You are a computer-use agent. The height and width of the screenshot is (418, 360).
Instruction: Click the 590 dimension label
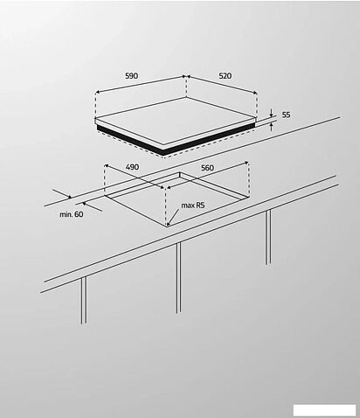131,77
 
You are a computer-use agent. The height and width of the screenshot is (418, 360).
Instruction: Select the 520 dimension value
225,77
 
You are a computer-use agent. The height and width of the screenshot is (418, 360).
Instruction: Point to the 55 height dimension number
286,115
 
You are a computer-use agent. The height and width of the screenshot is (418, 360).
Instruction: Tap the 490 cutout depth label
133,167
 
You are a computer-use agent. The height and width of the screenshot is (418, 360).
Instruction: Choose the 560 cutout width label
207,167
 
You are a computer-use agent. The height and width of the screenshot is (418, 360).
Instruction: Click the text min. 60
72,214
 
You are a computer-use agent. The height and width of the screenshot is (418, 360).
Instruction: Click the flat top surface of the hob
175,122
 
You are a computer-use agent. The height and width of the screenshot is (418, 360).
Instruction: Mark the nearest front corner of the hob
163,153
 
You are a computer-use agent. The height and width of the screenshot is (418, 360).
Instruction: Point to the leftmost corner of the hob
94,119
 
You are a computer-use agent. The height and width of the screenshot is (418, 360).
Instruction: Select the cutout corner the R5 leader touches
167,226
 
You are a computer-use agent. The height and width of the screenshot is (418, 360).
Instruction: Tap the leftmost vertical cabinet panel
84,301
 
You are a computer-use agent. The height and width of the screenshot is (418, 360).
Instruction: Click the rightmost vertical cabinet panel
267,237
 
